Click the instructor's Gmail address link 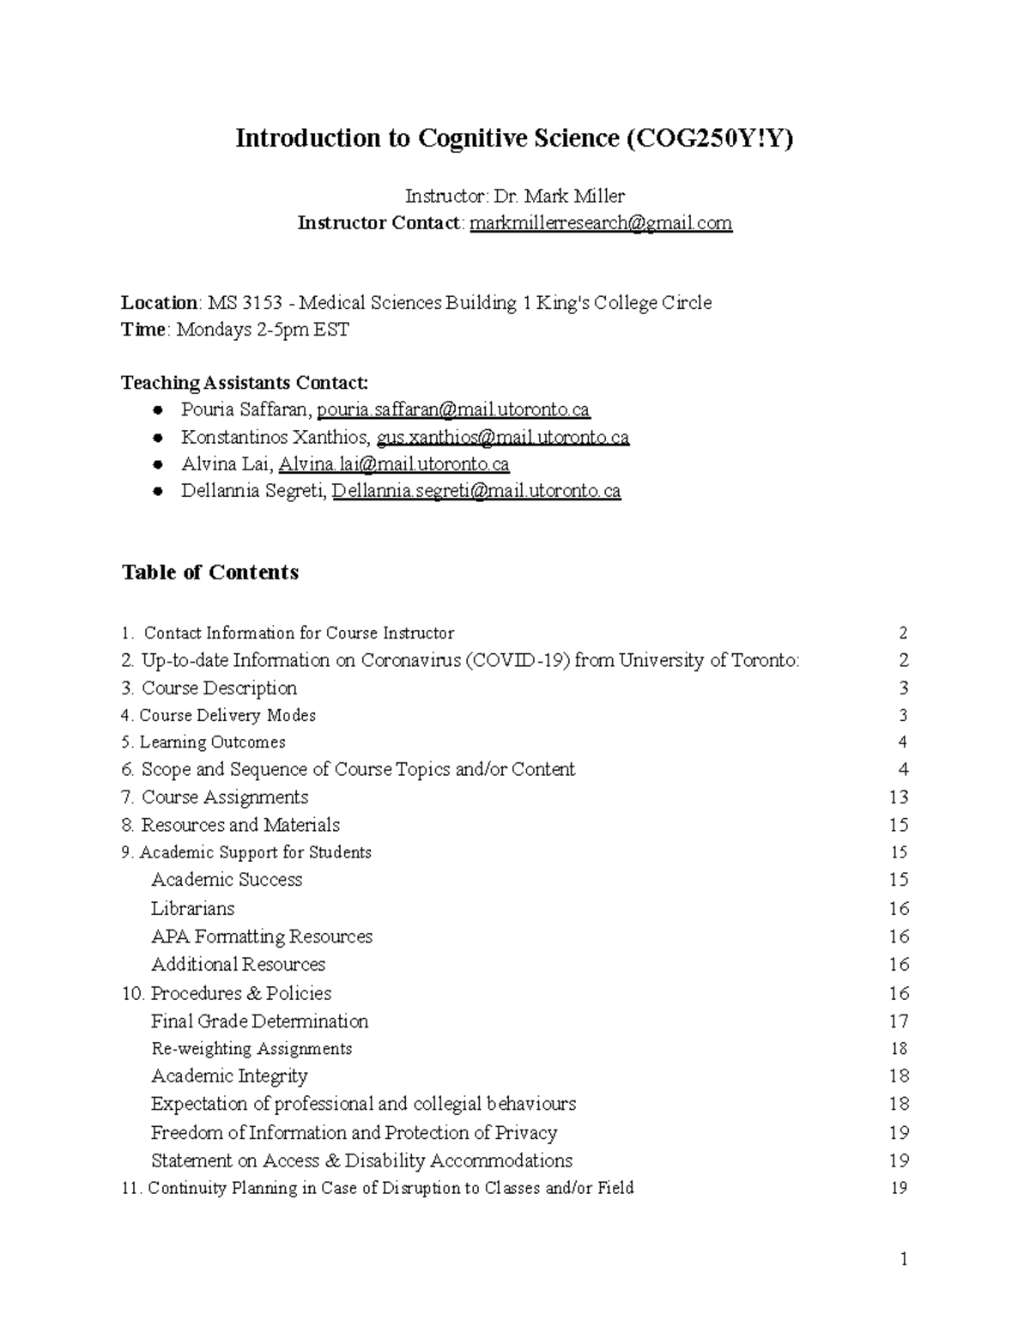click(601, 223)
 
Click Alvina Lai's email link click(394, 464)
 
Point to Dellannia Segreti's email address click(476, 491)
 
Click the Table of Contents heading click(210, 573)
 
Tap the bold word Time click(143, 330)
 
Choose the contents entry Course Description click(219, 688)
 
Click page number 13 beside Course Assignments click(899, 797)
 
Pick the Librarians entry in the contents click(192, 908)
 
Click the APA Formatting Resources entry click(262, 936)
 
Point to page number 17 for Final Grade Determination click(899, 1021)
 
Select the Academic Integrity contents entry click(229, 1076)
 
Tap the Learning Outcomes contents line click(212, 742)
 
